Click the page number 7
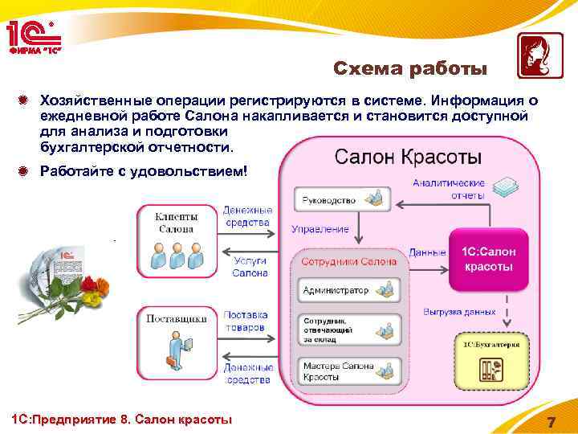(x=551, y=423)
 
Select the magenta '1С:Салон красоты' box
(x=488, y=259)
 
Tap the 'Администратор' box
(x=346, y=289)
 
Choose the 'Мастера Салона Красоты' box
(x=346, y=371)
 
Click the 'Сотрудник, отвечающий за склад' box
(x=346, y=329)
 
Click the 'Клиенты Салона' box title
(x=176, y=223)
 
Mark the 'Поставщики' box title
(x=176, y=318)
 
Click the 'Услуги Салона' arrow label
(x=250, y=267)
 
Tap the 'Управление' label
(x=320, y=229)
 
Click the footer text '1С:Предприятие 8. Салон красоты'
(x=119, y=420)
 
